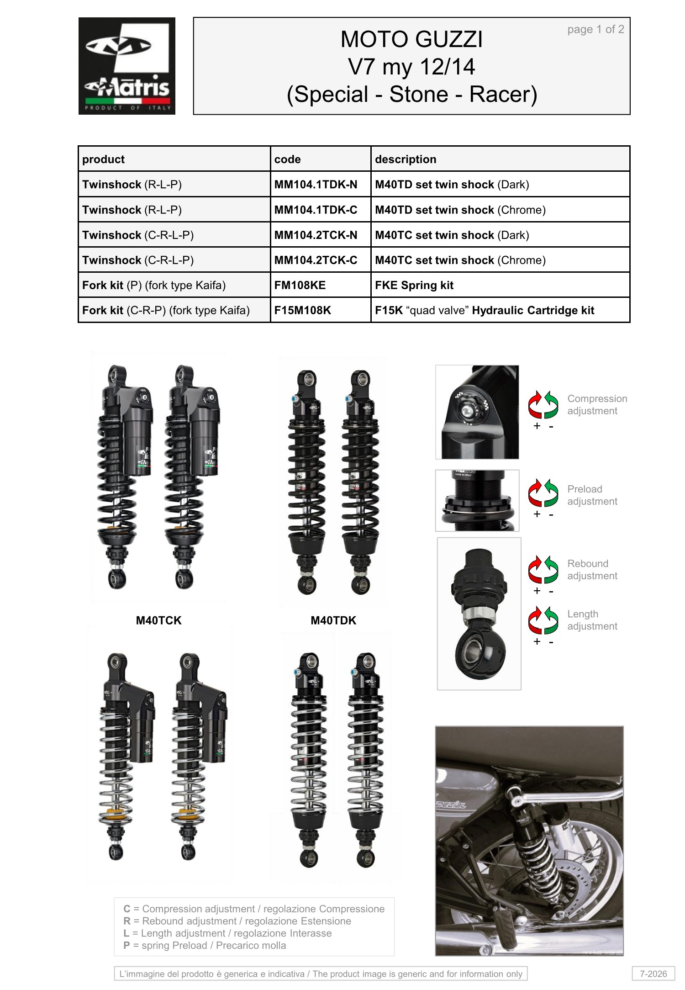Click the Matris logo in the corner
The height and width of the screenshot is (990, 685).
coord(127,66)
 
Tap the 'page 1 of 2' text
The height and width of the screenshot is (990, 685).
coord(595,29)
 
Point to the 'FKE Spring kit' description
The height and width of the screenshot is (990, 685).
coord(414,286)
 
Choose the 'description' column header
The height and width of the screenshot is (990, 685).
coord(406,159)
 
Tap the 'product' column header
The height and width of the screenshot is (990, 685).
coord(103,159)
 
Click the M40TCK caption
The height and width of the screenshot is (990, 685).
coord(158,620)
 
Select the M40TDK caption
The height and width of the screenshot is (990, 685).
coord(333,620)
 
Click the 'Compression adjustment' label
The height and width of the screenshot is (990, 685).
coord(597,405)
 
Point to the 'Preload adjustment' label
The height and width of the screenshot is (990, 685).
coord(592,495)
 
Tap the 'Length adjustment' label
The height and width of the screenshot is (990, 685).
coord(592,620)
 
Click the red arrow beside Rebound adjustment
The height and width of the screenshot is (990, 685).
coord(535,569)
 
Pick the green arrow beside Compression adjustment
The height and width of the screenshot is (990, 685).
coord(551,404)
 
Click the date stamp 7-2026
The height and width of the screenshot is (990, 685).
coord(653,974)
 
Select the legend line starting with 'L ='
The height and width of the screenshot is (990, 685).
coord(227,933)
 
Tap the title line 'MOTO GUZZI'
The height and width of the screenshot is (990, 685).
coord(411,39)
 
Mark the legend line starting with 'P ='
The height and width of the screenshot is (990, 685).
coord(205,946)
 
